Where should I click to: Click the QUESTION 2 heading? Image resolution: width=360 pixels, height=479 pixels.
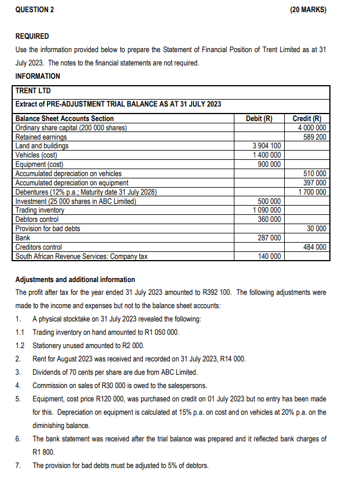(34, 10)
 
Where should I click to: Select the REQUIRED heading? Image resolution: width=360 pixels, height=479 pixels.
(32, 36)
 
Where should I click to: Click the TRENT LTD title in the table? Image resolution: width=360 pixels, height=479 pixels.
(33, 91)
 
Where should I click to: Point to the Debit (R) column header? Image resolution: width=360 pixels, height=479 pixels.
(259, 119)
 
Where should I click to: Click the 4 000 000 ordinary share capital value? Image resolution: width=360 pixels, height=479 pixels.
(311, 128)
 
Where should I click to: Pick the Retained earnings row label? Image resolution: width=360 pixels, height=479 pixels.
(41, 137)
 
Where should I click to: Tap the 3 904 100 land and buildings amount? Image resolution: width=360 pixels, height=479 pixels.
(267, 146)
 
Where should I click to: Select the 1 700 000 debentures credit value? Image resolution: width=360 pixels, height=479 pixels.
(311, 192)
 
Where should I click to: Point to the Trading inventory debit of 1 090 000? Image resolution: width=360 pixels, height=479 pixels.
(267, 210)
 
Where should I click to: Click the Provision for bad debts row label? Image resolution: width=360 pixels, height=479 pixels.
(47, 228)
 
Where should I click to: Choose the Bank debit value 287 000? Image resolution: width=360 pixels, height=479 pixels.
(269, 237)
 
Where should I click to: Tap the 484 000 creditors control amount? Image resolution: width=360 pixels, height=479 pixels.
(314, 247)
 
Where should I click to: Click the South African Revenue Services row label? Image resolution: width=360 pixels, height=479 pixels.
(81, 256)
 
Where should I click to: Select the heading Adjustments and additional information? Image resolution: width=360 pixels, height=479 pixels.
(75, 279)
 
